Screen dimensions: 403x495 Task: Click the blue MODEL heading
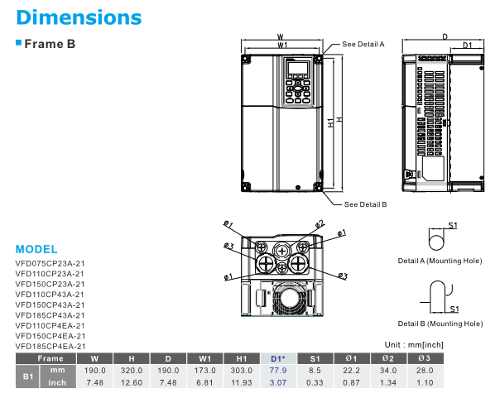coord(36,249)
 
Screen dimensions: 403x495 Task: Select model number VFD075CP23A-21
coord(50,262)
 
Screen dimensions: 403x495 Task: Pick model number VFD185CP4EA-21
coord(50,346)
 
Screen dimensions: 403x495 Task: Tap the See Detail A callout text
coord(363,44)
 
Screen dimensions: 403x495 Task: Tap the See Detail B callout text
coord(365,204)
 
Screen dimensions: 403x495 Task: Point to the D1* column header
coord(278,358)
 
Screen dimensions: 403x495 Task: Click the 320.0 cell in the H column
coord(132,371)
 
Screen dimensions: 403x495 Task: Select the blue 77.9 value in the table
coord(278,371)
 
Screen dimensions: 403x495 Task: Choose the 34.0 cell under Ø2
coord(387,371)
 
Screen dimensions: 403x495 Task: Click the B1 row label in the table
coord(26,377)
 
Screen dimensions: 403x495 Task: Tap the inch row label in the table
coord(58,383)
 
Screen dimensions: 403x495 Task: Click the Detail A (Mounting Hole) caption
coord(440,260)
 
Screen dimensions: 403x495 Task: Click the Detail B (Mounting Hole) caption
coord(440,323)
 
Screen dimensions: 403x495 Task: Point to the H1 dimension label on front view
coord(329,122)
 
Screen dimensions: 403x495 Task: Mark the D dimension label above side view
coord(445,36)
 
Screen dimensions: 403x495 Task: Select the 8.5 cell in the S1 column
coord(315,371)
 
